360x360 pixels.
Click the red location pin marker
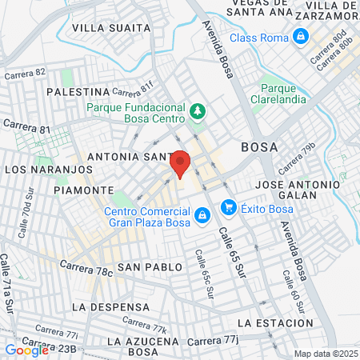click(180, 163)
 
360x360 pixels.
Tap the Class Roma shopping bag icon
click(300, 37)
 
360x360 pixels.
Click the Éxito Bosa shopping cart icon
click(228, 208)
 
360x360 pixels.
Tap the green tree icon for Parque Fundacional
click(197, 110)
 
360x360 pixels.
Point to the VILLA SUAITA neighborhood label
click(111, 28)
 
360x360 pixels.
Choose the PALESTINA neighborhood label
click(78, 92)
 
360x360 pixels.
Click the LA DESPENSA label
click(110, 306)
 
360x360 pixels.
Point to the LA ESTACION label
click(275, 322)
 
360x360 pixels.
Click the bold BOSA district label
click(259, 147)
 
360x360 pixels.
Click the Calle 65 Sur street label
click(231, 251)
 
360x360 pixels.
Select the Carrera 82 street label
click(26, 73)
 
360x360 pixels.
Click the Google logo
click(26, 350)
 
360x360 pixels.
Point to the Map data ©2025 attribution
click(325, 354)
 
